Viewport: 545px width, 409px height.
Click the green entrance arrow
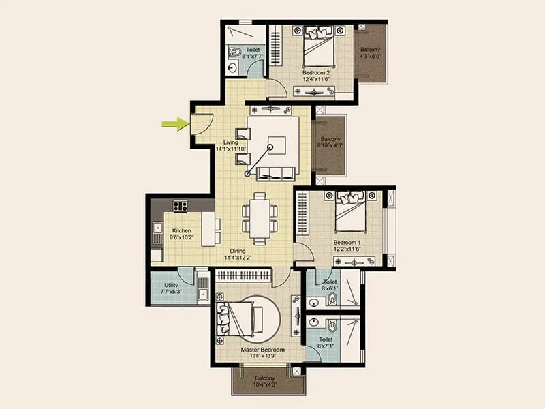click(175, 123)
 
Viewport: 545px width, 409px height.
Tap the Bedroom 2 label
click(317, 74)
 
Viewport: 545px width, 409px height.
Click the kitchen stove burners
click(181, 206)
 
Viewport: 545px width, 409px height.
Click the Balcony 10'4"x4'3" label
click(265, 382)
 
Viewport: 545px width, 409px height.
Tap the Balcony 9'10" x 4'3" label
click(330, 142)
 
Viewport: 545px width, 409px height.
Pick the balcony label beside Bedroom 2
click(371, 54)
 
